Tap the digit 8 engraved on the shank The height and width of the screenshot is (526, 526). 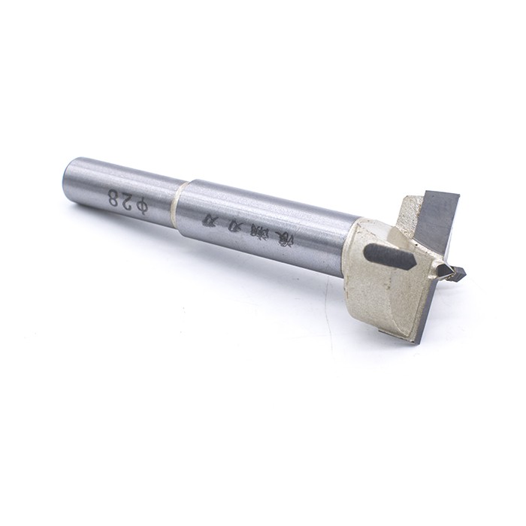click(114, 197)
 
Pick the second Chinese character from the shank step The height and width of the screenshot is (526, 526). click(237, 225)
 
